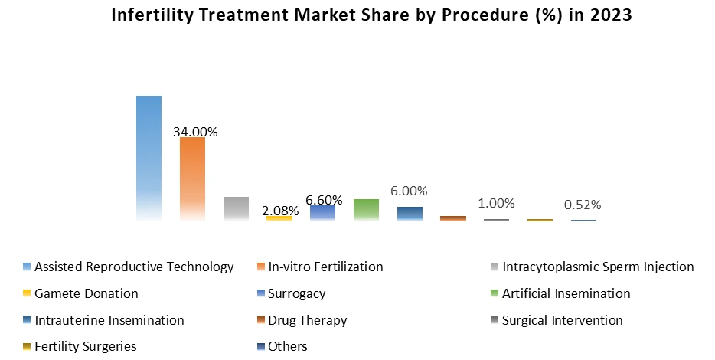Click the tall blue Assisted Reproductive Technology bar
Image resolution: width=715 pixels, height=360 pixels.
point(149,158)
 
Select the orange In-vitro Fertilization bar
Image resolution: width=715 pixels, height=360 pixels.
point(192,178)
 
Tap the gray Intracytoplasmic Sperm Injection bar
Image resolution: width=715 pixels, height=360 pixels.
point(236,208)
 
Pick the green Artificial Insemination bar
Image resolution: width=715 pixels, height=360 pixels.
point(366,209)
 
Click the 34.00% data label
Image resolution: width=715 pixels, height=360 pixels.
point(195,132)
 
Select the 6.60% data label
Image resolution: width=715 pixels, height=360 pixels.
point(324,200)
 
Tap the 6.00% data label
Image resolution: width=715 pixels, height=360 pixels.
point(409,191)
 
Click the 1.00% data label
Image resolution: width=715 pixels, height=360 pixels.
point(496,203)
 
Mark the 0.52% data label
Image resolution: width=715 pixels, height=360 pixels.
point(583,205)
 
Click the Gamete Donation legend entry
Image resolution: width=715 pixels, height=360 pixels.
point(87,293)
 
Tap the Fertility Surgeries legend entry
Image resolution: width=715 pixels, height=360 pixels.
point(86,346)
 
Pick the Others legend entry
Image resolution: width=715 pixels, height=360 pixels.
point(287,346)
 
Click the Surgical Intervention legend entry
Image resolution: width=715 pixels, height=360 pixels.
point(562,320)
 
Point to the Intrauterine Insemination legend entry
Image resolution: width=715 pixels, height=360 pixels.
point(109,320)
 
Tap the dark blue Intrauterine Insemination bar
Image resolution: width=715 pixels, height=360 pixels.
point(410,214)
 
